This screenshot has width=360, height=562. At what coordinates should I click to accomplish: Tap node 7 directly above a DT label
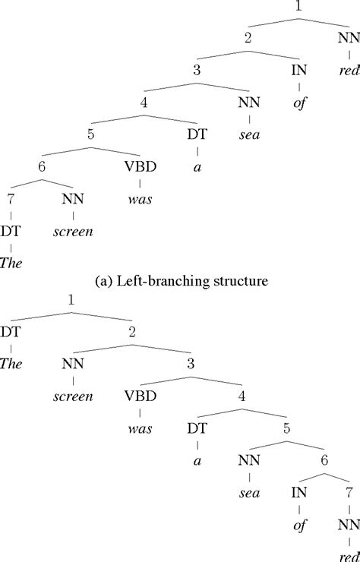click(x=11, y=200)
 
